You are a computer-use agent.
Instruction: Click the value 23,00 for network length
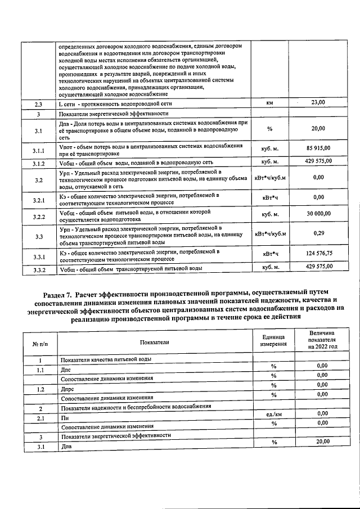(318, 102)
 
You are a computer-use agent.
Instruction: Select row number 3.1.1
(38, 151)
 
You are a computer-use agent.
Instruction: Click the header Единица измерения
(273, 341)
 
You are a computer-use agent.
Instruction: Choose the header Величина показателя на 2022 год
(322, 340)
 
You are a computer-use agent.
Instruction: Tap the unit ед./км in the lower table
(273, 414)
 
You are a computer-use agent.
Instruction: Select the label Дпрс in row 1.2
(66, 389)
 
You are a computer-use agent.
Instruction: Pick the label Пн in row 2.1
(64, 418)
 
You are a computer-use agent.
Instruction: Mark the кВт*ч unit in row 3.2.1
(269, 197)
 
